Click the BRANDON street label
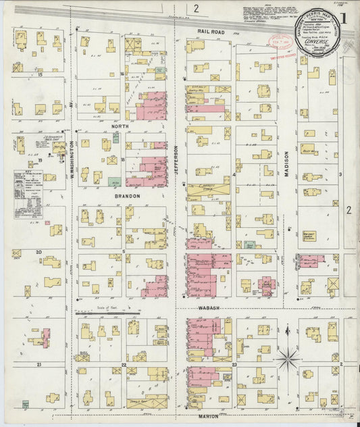coord(127,196)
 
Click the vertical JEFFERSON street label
coord(177,160)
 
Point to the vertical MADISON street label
coord(287,163)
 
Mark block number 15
coord(40,74)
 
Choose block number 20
coord(40,252)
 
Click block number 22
coord(124,364)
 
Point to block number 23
coord(234,364)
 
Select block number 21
coord(40,364)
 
